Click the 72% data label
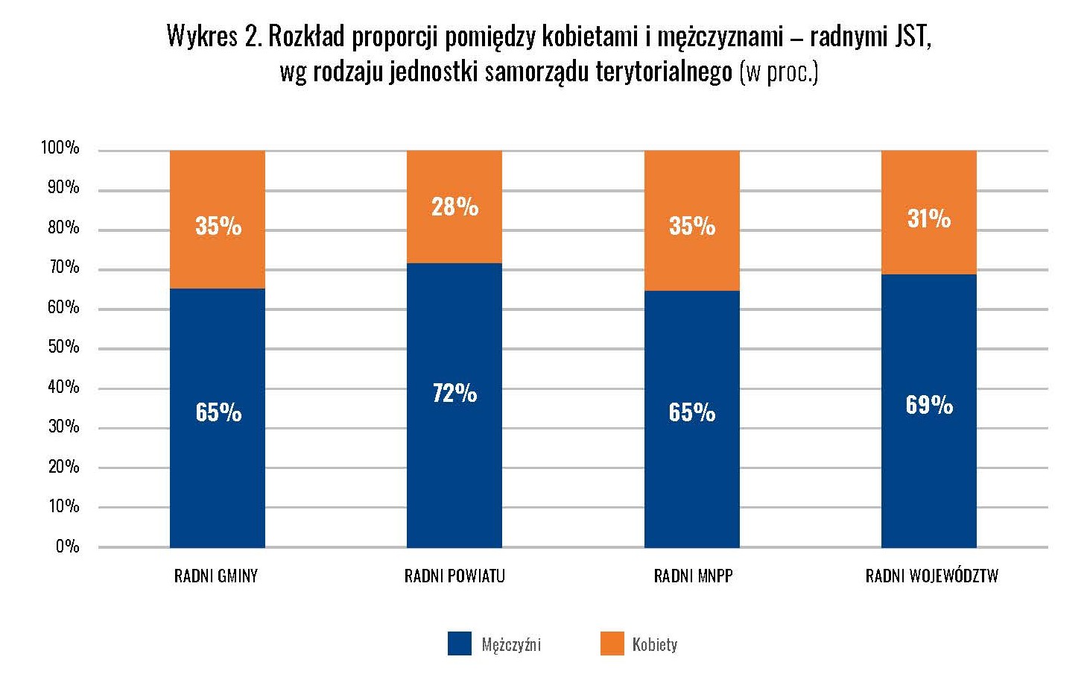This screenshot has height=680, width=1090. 454,393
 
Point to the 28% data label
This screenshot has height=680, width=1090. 454,207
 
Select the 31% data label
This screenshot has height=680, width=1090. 928,218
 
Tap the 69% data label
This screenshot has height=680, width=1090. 929,405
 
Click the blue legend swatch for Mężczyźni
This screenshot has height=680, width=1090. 460,643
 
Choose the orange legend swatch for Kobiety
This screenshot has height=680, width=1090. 612,643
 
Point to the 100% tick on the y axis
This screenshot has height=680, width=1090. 60,148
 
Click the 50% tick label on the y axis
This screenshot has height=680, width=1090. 63,347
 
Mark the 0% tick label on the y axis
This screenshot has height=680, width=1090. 67,547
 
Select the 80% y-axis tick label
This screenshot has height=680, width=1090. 63,227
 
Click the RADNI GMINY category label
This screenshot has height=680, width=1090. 216,576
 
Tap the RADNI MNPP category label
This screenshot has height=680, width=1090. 693,576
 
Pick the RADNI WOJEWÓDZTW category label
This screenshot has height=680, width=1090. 931,576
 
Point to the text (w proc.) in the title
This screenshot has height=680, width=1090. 779,72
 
